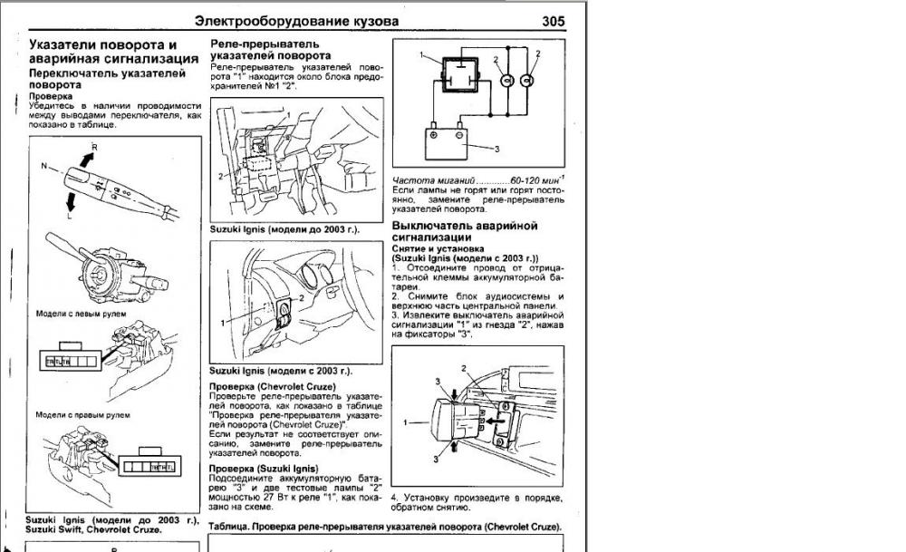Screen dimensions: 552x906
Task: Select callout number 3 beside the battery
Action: pos(497,148)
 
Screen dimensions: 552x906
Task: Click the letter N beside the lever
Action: pos(43,167)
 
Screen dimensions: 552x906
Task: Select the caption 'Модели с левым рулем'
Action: pos(81,314)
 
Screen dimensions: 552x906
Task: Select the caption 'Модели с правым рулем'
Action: pos(82,414)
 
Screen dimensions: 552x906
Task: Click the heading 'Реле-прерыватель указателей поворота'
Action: pos(264,50)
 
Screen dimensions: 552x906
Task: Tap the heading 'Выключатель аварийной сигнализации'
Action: pos(465,230)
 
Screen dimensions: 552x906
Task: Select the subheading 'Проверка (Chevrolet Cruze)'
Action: pos(272,386)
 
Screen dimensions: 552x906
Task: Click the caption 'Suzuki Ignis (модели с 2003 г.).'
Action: pos(280,372)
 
